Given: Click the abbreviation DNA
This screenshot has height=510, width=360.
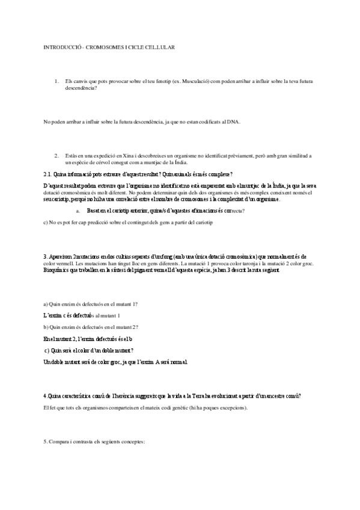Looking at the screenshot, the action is click(x=233, y=122).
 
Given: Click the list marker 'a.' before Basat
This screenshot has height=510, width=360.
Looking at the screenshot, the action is click(x=78, y=211).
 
